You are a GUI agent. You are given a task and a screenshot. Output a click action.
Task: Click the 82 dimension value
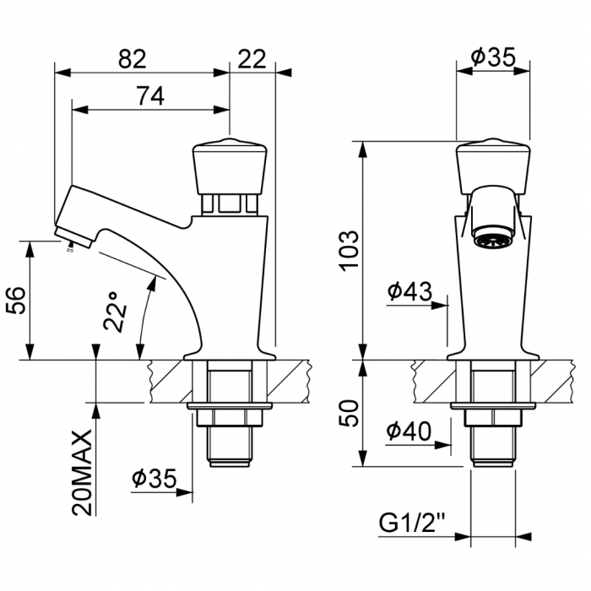pyautogui.click(x=133, y=58)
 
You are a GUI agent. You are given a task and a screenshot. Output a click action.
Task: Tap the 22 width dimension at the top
pyautogui.click(x=252, y=58)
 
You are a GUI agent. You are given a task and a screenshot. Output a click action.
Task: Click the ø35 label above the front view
pyautogui.click(x=493, y=57)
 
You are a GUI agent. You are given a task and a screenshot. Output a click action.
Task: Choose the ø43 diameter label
pyautogui.click(x=409, y=292)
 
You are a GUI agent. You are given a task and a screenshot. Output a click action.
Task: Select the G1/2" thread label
pyautogui.click(x=411, y=523)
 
